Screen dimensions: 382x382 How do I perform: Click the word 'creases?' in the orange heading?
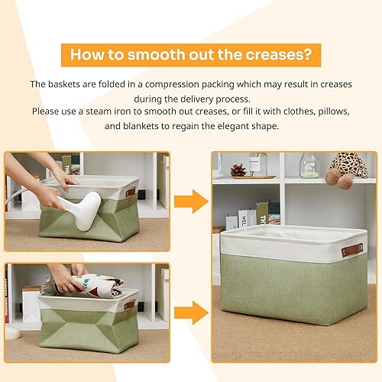[277, 55]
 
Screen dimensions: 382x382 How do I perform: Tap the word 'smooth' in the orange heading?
[154, 55]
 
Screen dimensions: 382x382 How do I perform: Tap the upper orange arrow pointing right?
[190, 202]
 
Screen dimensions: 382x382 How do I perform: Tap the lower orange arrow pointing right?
[190, 311]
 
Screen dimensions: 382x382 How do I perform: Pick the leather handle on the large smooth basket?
[352, 250]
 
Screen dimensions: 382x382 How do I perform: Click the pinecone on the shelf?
[238, 170]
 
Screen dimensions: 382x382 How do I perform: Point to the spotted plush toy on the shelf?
[345, 167]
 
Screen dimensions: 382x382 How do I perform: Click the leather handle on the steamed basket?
[131, 193]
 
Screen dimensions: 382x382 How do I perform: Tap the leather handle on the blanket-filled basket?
[130, 305]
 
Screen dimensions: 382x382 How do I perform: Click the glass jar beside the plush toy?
[309, 165]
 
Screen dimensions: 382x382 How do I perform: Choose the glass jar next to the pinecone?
[258, 163]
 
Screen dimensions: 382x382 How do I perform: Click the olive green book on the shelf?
[262, 212]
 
